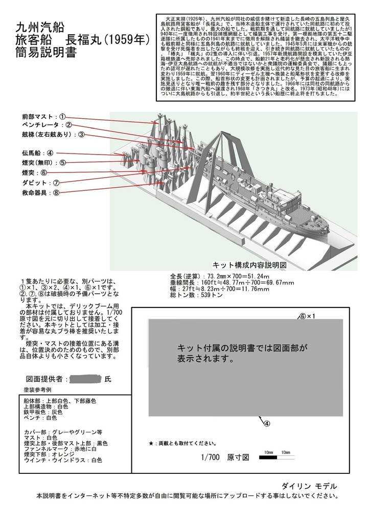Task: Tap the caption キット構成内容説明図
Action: coord(248,266)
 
